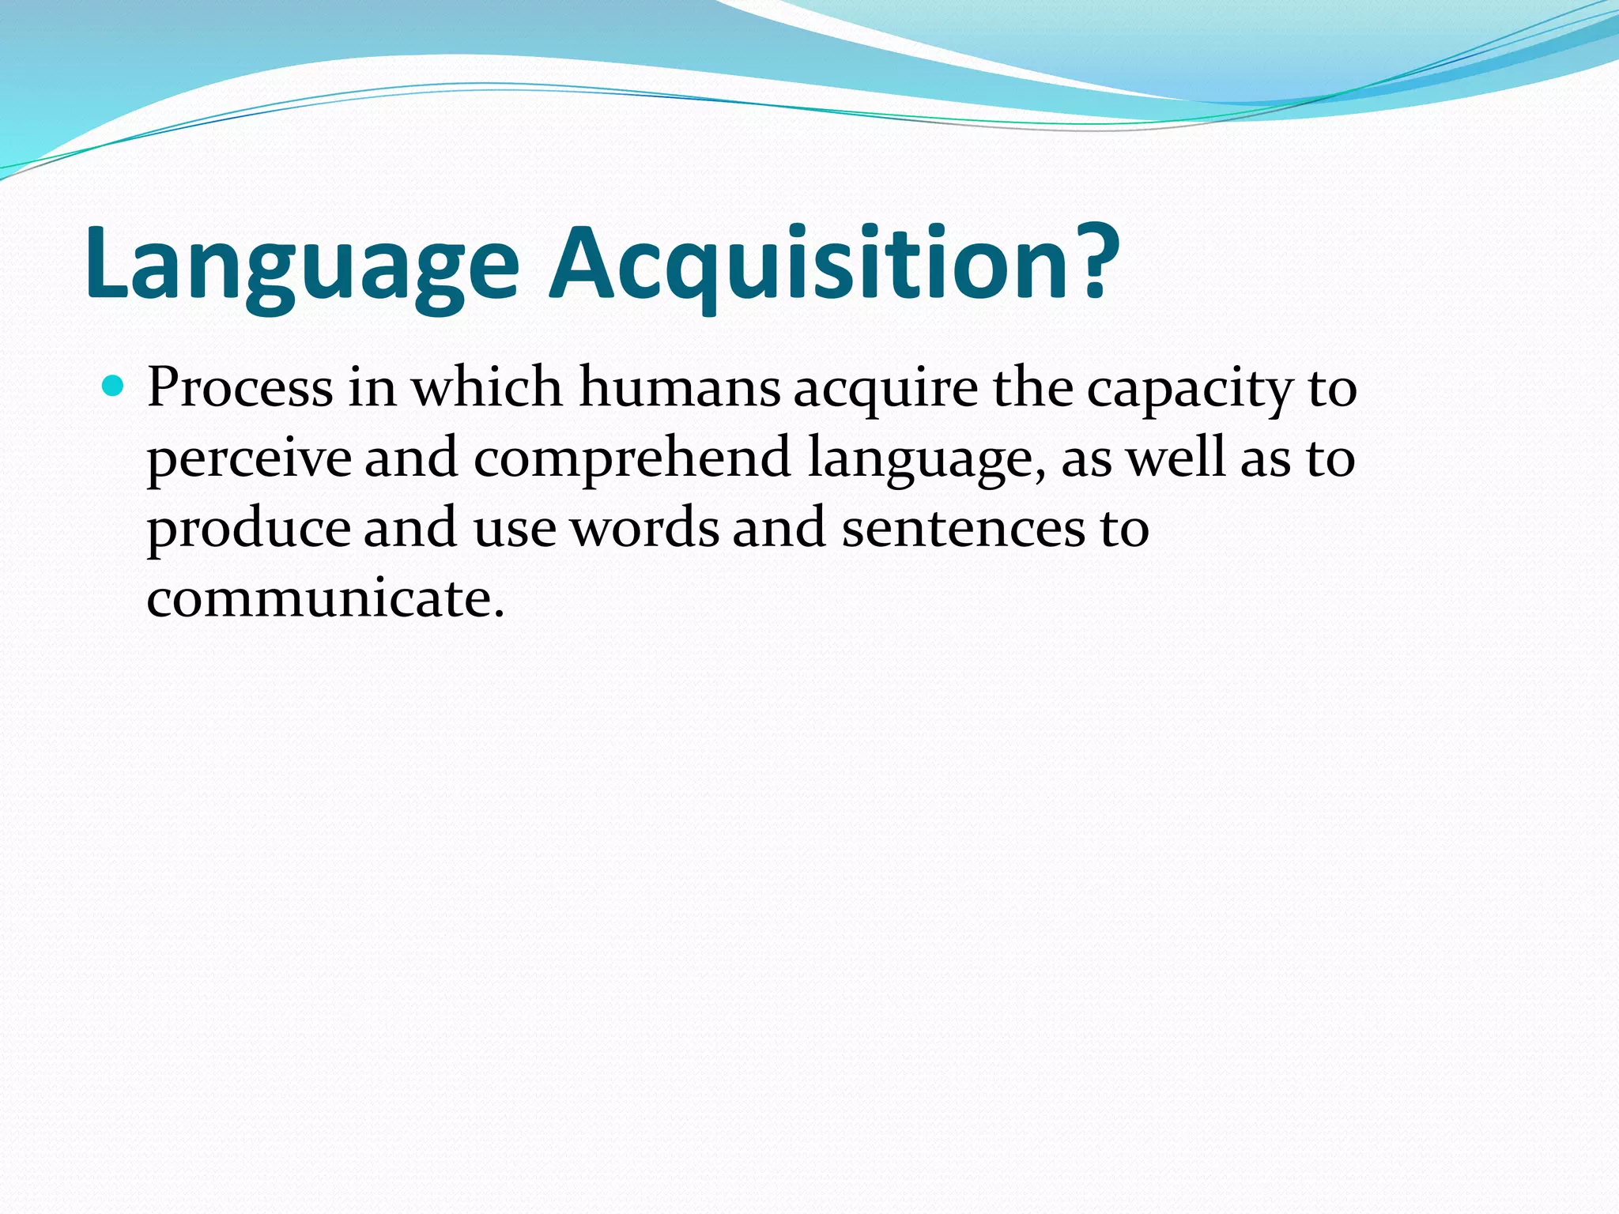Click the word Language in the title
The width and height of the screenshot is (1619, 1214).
(301, 265)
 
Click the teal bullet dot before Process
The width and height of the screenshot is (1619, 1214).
(114, 386)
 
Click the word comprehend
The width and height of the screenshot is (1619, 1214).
(632, 458)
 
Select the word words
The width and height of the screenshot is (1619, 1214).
(645, 528)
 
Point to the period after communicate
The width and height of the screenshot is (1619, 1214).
(497, 615)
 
